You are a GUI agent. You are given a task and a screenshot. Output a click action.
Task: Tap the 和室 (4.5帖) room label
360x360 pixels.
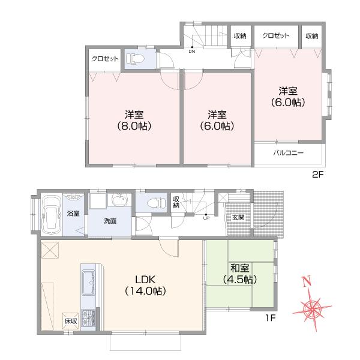coord(239,274)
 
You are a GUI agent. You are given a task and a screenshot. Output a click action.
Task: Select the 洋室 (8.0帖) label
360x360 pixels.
coord(134,120)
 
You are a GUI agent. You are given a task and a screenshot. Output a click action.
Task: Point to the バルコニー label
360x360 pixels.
coord(289,153)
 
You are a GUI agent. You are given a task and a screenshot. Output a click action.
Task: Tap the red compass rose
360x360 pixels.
coord(313,307)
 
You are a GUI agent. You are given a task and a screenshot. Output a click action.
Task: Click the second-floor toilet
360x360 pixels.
coord(133,58)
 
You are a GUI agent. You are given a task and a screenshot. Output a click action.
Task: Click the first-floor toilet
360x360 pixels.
coord(158,203)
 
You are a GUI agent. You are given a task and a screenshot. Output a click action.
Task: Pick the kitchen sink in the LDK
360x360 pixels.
coord(88,280)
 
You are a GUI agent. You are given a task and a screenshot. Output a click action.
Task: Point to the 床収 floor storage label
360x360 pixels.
coord(71,322)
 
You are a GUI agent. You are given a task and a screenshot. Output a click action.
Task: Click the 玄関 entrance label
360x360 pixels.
coord(238,217)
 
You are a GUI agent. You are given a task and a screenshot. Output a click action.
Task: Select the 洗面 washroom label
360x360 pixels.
coord(109,221)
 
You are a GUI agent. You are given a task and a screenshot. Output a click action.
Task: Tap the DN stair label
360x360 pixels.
coord(192,51)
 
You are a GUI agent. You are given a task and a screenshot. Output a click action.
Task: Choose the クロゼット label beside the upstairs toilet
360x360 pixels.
coord(104,59)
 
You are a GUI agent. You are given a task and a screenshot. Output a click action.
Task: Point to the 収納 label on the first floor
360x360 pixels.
coord(176,202)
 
